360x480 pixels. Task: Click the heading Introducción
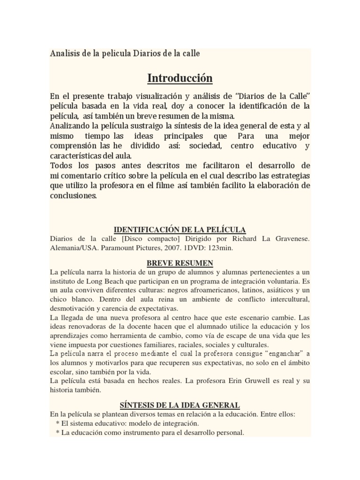click(180, 77)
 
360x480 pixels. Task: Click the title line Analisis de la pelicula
click(125, 53)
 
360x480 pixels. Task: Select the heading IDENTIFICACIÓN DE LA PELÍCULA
click(180, 229)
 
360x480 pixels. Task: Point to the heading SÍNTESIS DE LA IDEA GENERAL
click(180, 405)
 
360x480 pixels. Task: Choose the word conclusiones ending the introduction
click(73, 196)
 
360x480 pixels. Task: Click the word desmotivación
click(75, 309)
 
